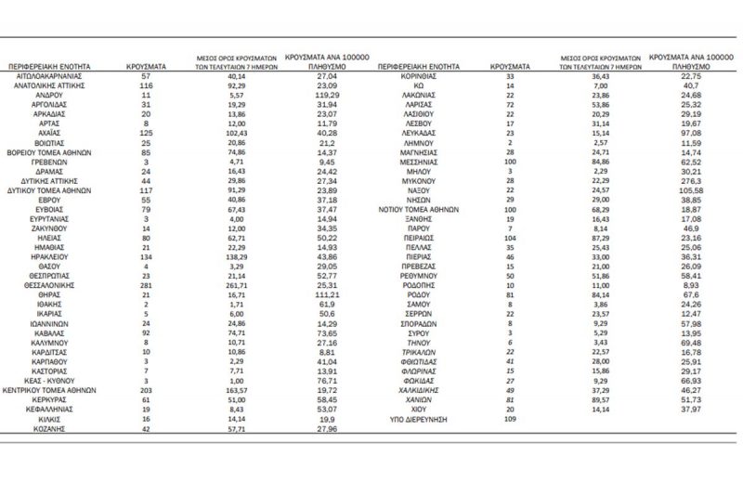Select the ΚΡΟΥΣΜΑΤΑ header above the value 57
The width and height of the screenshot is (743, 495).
(x=145, y=67)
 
